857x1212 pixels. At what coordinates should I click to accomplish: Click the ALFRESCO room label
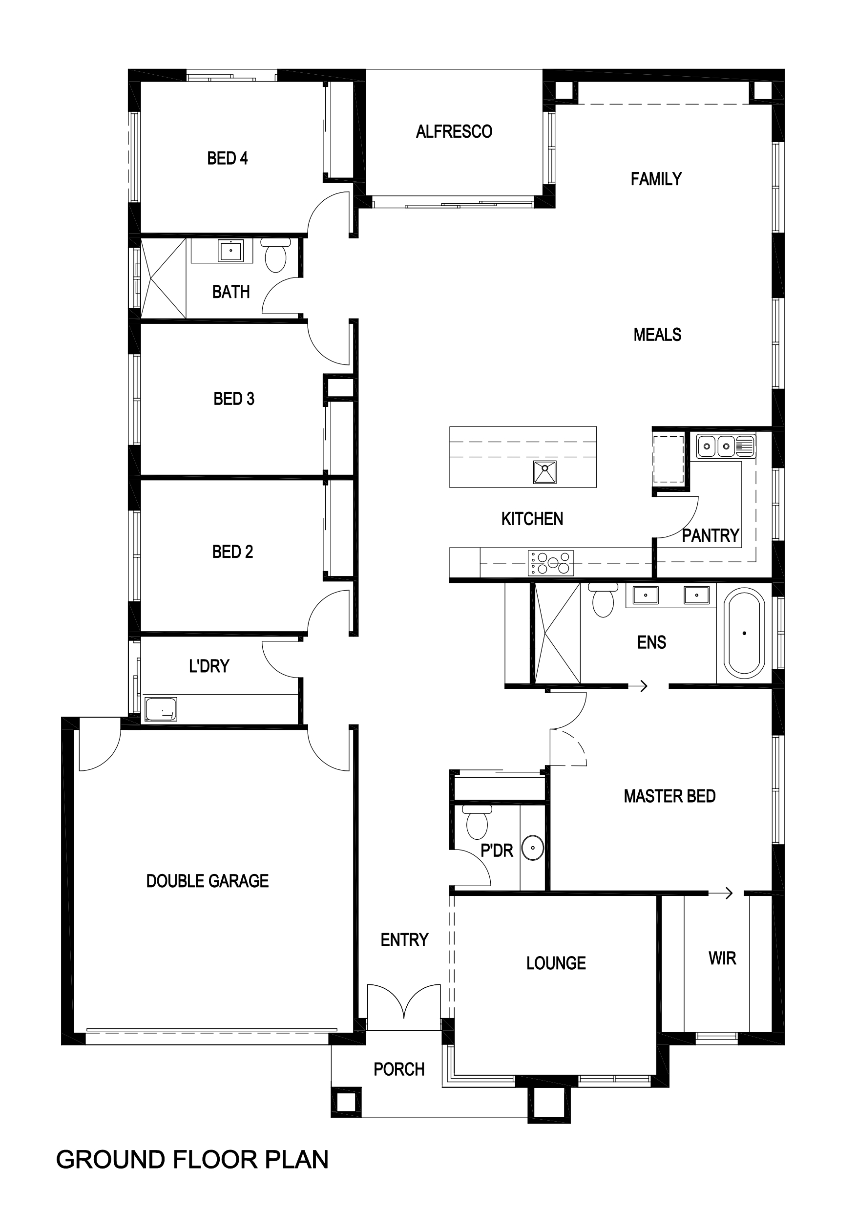point(454,131)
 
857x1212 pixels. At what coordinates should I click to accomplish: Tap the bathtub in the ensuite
point(744,633)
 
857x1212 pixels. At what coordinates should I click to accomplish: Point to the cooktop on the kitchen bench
point(551,563)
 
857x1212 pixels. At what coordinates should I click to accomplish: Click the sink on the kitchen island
point(544,472)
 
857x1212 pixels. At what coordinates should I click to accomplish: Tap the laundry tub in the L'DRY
point(161,709)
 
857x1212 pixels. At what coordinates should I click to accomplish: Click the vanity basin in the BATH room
point(231,250)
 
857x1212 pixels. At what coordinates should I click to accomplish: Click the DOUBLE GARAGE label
point(208,881)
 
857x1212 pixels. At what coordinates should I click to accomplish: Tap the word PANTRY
point(711,536)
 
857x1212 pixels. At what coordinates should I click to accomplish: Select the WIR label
point(722,958)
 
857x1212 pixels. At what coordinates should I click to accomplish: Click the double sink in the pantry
point(726,447)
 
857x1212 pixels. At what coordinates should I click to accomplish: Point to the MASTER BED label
point(669,796)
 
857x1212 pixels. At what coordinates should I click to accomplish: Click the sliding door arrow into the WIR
point(721,893)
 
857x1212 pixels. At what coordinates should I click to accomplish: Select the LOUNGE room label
point(556,963)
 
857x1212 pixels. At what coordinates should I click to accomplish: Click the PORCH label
point(399,1069)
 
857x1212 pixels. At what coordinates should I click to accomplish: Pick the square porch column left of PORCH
point(346,1102)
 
